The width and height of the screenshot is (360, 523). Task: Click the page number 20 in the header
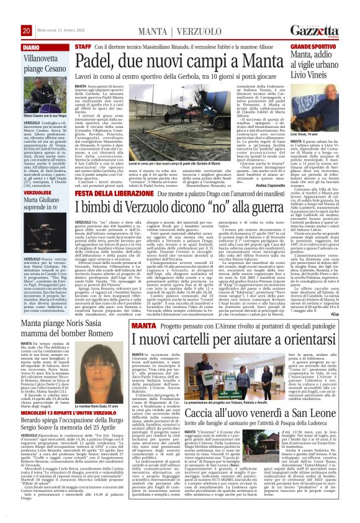27,30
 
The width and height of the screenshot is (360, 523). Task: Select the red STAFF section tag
83,47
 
